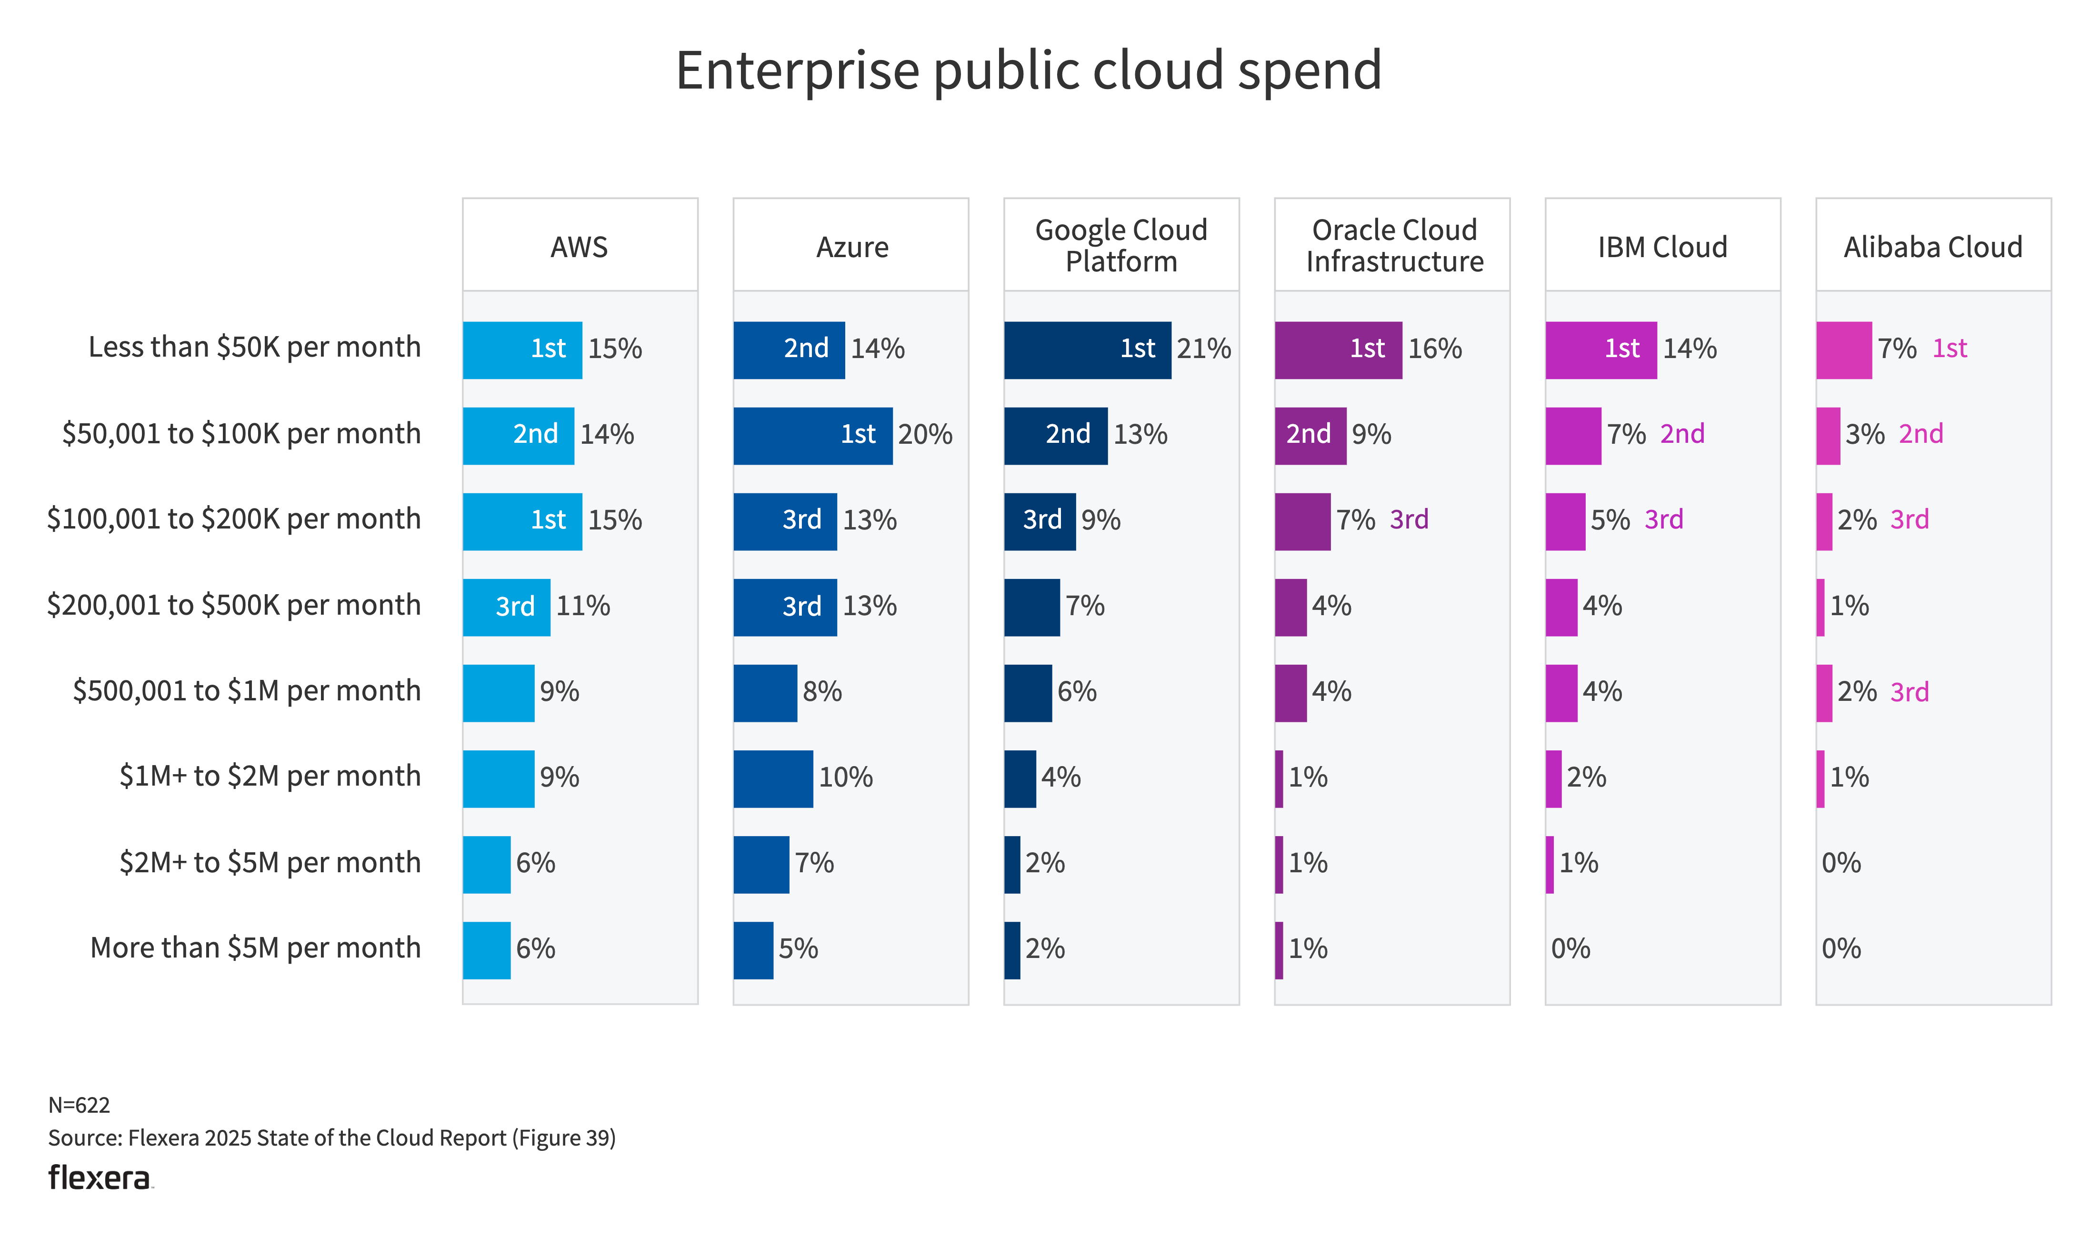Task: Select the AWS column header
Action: (x=580, y=248)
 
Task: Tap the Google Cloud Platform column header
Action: (x=1121, y=246)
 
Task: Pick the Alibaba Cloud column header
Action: (x=1932, y=248)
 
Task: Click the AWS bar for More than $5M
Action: (x=486, y=950)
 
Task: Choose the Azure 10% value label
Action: (x=845, y=778)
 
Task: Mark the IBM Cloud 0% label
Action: (x=1570, y=948)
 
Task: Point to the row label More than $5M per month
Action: (x=255, y=948)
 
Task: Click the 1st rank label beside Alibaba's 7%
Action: (x=1949, y=349)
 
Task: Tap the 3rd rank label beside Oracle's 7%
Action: (x=1409, y=520)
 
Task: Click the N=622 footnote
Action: (x=79, y=1105)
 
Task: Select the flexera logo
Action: (x=100, y=1178)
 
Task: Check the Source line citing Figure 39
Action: (x=332, y=1138)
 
